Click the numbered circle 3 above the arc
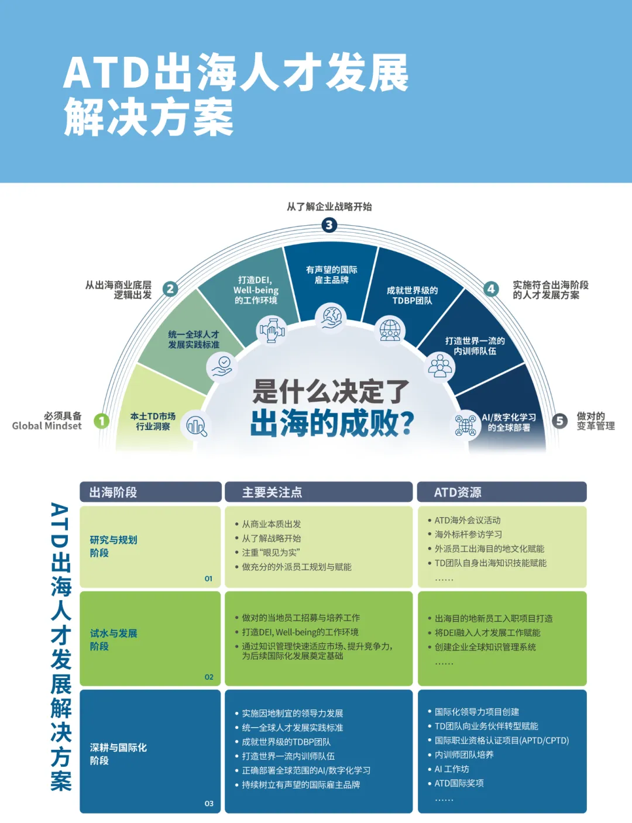click(x=329, y=225)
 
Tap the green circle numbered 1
click(x=102, y=421)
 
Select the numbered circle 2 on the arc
click(x=170, y=288)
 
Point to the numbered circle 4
click(x=491, y=288)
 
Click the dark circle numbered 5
click(x=559, y=421)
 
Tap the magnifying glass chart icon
click(x=196, y=426)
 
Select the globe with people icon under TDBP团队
click(x=390, y=330)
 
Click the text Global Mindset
click(x=47, y=426)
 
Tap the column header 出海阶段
click(x=113, y=493)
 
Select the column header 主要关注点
click(x=272, y=493)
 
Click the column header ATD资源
click(x=458, y=493)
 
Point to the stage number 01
click(x=209, y=578)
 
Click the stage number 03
click(x=209, y=804)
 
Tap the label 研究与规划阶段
click(x=114, y=546)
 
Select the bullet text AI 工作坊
click(x=452, y=769)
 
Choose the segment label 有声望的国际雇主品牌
click(x=332, y=275)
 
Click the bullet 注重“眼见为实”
click(x=271, y=552)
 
